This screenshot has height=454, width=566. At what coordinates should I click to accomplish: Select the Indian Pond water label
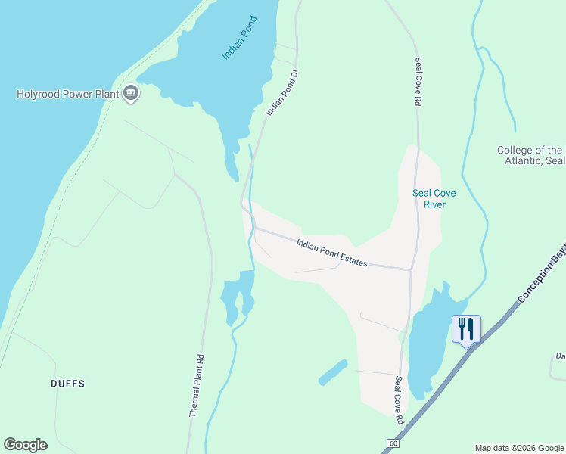pos(240,39)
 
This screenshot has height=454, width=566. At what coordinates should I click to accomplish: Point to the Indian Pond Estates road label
pos(331,253)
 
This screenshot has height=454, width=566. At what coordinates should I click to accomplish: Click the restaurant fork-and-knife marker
pos(466,328)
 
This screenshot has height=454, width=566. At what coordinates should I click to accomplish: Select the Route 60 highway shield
pos(392,443)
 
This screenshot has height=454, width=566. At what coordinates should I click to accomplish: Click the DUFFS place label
pos(67,384)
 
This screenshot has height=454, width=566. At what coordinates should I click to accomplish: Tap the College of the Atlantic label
pos(530,155)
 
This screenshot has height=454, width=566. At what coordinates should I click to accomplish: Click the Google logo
pos(25,445)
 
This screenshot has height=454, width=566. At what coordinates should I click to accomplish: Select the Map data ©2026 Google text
pos(519,448)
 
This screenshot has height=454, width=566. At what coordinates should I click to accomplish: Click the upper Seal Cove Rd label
pos(417,80)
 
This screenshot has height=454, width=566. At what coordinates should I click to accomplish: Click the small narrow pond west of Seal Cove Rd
pos(333,372)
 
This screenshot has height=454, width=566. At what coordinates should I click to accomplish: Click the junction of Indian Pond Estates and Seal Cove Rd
pos(412,269)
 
